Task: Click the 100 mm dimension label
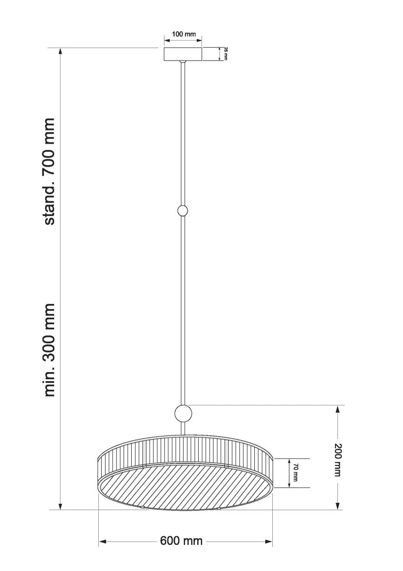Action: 183,35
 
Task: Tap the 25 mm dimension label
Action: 226,54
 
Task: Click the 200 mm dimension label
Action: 337,459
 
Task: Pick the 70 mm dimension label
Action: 295,473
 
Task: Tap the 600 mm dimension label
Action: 181,541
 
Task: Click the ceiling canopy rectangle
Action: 183,54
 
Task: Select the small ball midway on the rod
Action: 182,211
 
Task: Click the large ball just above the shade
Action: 183,413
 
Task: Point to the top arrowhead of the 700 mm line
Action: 60,52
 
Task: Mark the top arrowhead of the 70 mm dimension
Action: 289,462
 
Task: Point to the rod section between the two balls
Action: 183,309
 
